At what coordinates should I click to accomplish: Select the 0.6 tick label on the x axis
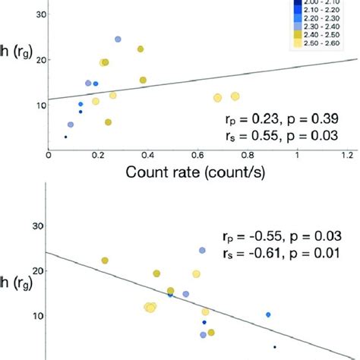[x=198, y=154]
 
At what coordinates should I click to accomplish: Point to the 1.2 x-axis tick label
[x=348, y=154]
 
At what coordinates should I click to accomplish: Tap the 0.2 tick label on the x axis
[x=99, y=154]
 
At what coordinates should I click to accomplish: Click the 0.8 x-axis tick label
[x=248, y=154]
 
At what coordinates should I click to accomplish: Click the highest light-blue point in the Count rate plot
[x=118, y=39]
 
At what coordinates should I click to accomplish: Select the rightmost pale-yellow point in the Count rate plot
[x=235, y=96]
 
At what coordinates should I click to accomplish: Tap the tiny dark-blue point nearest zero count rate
[x=65, y=137]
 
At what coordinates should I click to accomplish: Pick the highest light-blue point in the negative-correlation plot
[x=203, y=250]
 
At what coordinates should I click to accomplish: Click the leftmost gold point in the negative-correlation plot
[x=105, y=261]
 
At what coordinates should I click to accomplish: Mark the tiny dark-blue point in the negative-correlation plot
[x=275, y=346]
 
